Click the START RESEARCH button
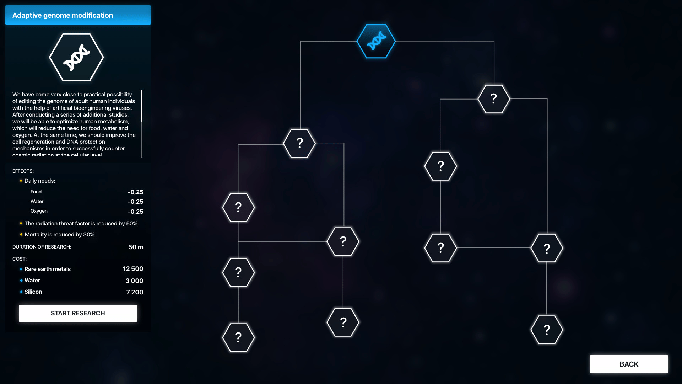click(78, 313)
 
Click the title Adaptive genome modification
click(63, 15)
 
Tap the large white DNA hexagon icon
click(76, 57)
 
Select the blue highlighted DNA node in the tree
click(376, 41)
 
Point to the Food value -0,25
click(135, 192)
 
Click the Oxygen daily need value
click(135, 212)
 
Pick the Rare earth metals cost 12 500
click(133, 269)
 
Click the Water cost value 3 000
click(134, 281)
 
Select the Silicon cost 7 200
click(135, 292)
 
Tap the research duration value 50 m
click(136, 247)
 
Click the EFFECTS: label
click(23, 171)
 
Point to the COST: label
click(20, 259)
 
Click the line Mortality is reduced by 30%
click(59, 235)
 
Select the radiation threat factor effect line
click(81, 224)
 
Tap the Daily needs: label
click(40, 181)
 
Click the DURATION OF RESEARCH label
click(42, 247)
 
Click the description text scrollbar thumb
click(142, 106)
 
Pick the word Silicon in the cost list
click(33, 292)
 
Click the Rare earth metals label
click(47, 269)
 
